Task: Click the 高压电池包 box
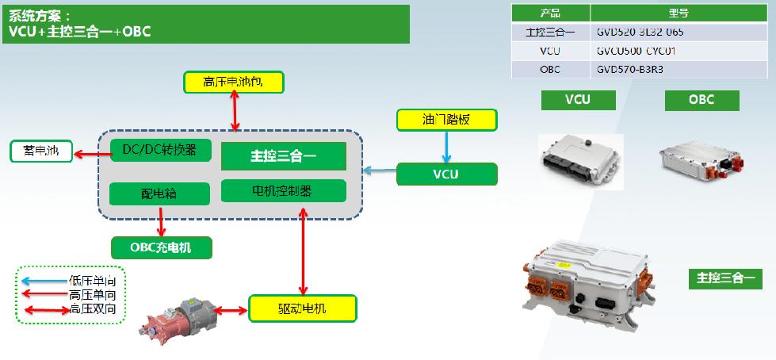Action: [232, 81]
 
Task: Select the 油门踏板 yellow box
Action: [446, 120]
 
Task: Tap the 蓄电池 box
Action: [40, 151]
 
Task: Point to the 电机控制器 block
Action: [283, 190]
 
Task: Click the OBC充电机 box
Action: [161, 247]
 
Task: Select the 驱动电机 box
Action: [302, 308]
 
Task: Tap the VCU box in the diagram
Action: [446, 174]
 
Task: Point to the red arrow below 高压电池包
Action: [235, 109]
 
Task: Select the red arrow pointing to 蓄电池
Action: [85, 151]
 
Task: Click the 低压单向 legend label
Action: [97, 281]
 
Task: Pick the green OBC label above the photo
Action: [701, 100]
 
